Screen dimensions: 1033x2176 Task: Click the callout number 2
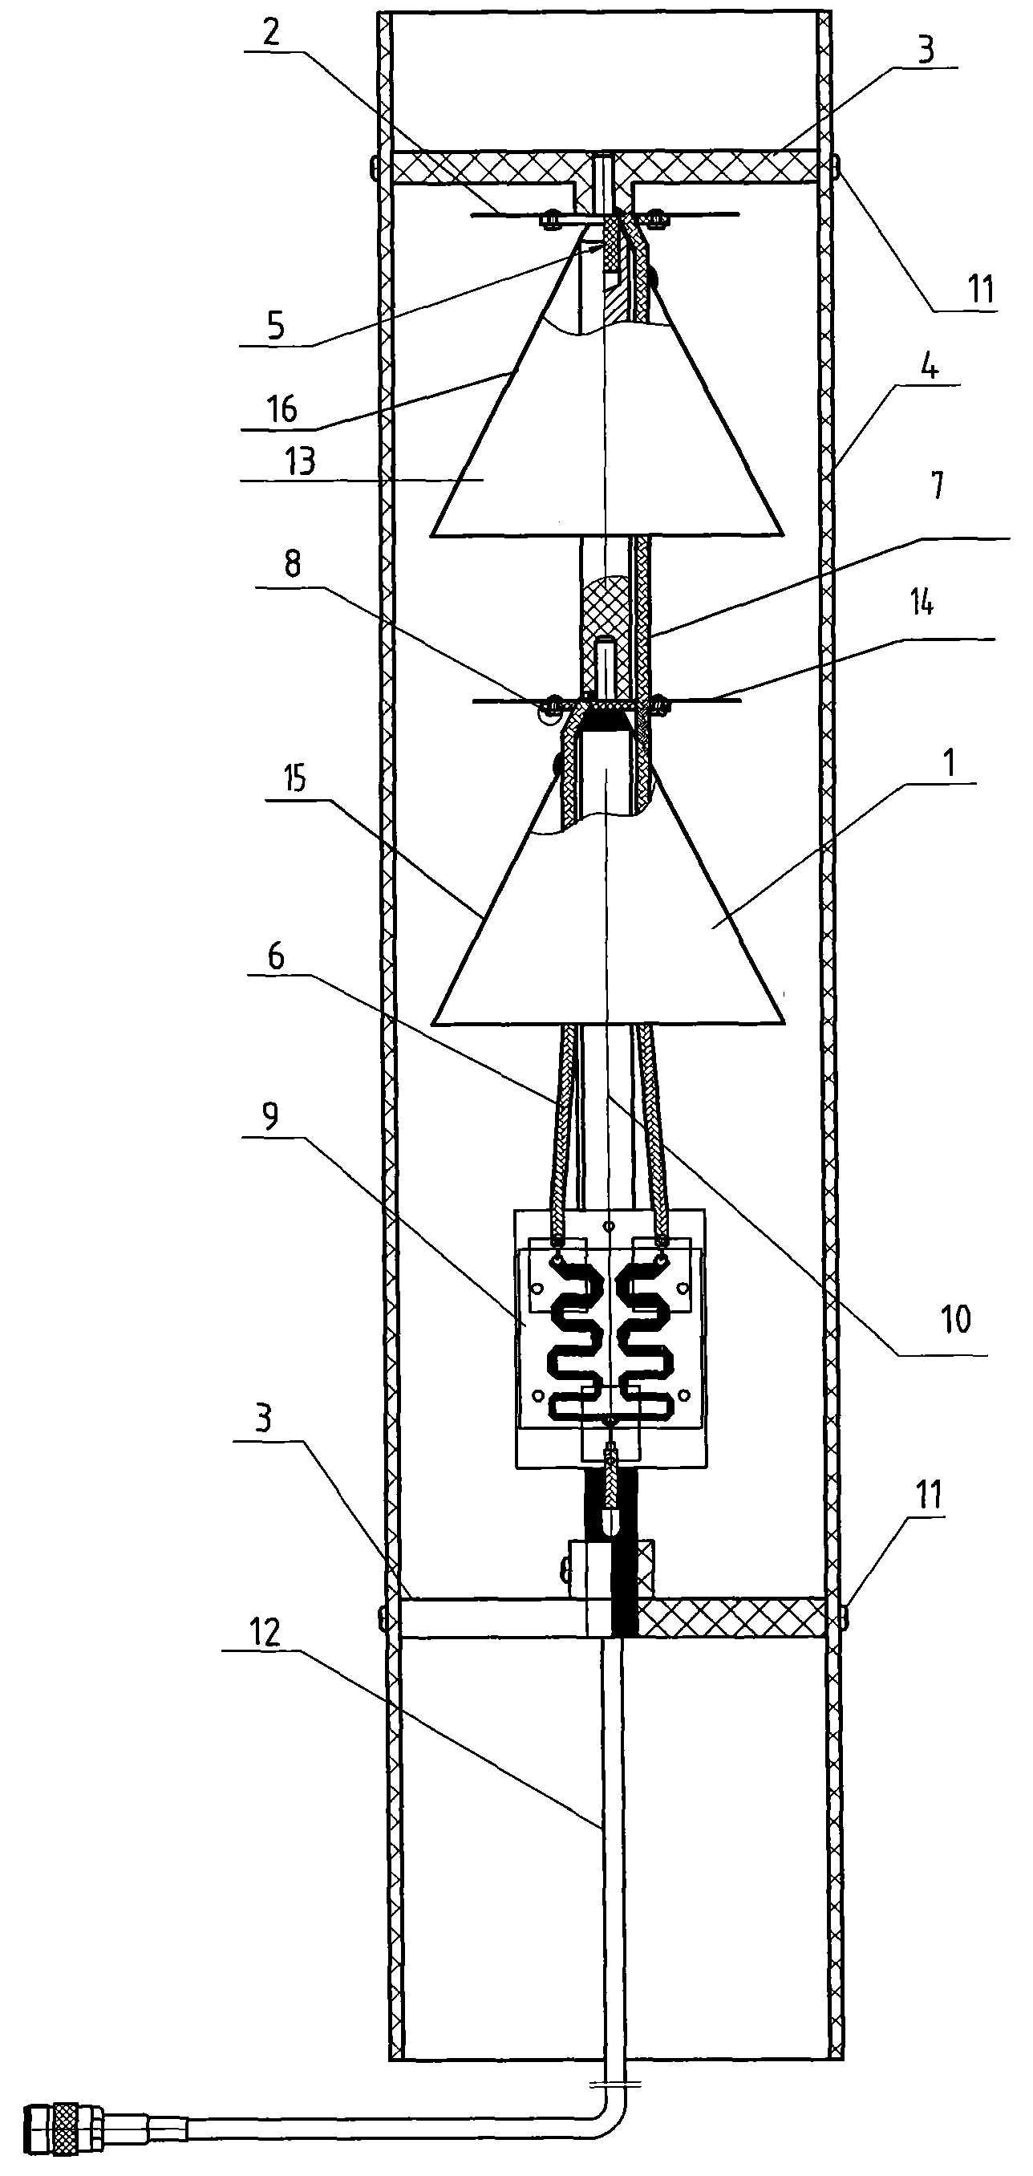point(271,33)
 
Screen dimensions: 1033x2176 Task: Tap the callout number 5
point(276,325)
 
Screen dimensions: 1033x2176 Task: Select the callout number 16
point(282,410)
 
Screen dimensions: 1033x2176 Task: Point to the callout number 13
point(301,461)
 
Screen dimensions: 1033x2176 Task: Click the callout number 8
point(292,564)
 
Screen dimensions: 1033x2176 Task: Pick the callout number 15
point(296,779)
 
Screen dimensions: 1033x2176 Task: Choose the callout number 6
point(275,957)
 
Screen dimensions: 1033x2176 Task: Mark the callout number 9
point(269,1117)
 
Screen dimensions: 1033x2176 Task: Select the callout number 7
point(937,485)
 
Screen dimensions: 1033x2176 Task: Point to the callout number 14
point(922,603)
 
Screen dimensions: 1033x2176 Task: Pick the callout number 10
point(955,1318)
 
